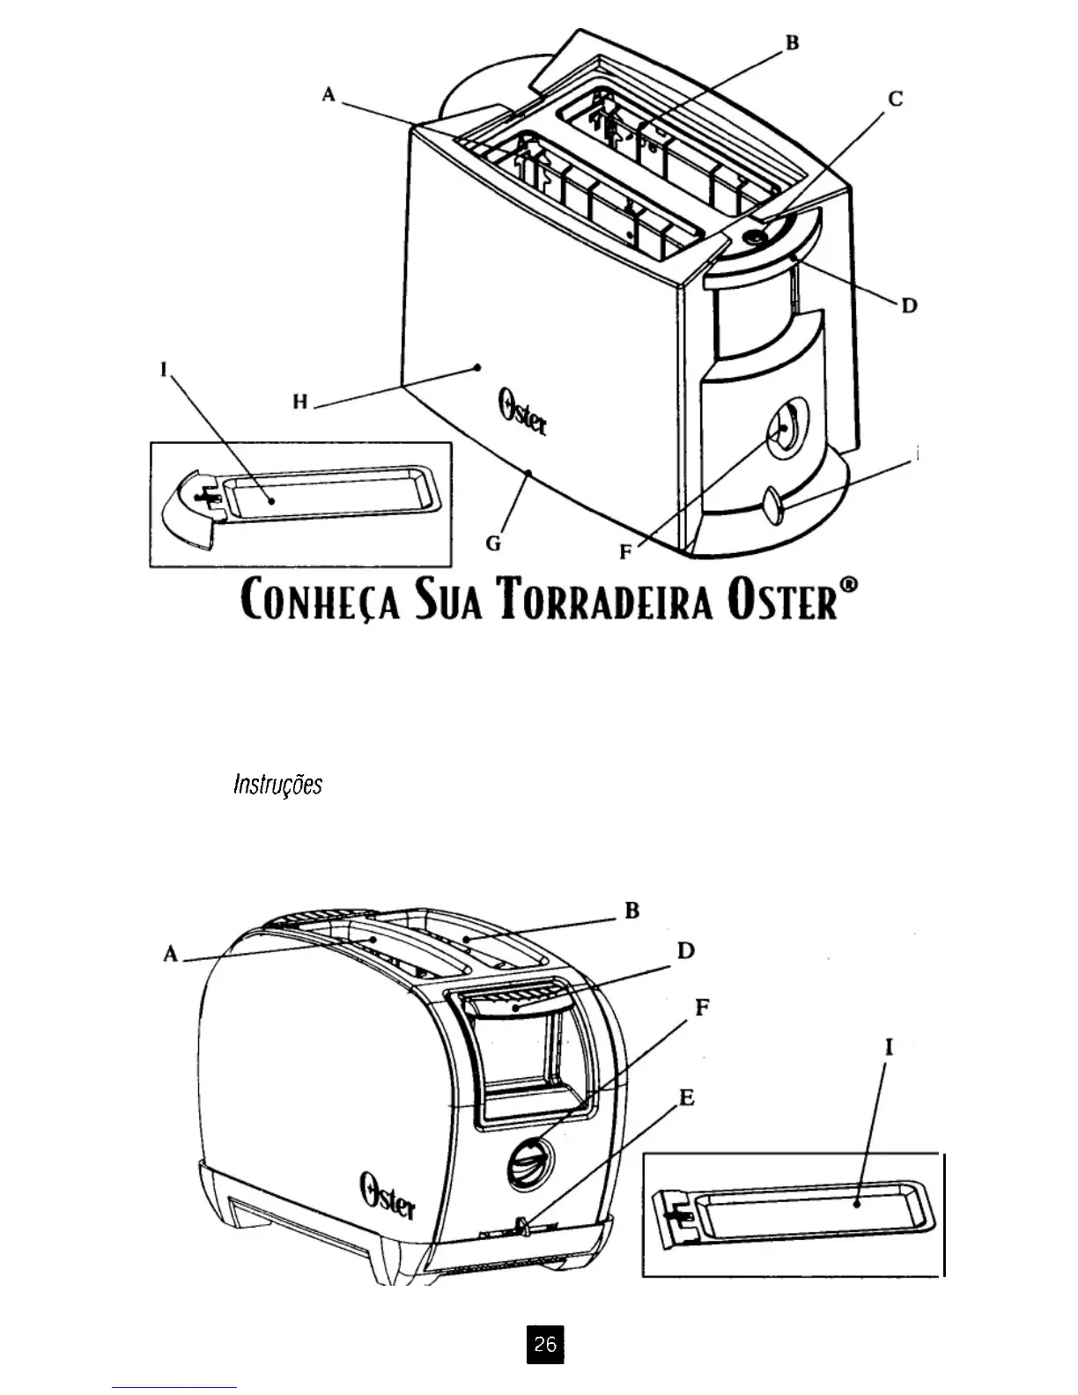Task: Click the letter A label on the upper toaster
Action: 329,93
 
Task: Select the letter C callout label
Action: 895,99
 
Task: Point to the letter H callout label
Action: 300,402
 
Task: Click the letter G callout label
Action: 494,543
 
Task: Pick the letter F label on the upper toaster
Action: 624,552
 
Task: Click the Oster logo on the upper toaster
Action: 522,413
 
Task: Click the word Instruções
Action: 277,785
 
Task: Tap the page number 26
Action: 545,1344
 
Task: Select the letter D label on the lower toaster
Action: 686,951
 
